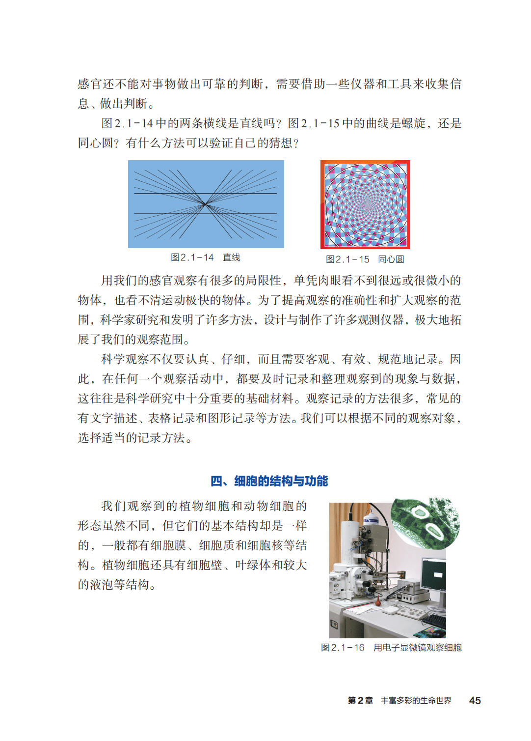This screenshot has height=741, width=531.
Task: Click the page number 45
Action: (475, 700)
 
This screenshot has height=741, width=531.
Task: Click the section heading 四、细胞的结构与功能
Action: (269, 481)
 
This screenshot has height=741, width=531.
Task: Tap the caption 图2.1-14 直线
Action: (205, 257)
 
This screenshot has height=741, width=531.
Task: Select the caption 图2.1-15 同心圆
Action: (365, 259)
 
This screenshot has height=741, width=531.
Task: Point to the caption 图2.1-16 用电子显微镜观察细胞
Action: (391, 647)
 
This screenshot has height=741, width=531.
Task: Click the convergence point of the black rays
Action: (205, 204)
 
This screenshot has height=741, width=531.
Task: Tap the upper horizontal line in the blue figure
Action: (205, 193)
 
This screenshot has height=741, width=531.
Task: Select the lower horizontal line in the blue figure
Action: (205, 213)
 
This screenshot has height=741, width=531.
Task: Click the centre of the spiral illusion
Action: (366, 205)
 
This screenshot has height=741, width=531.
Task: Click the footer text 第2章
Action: (360, 700)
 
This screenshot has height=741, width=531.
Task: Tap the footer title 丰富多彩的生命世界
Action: (416, 700)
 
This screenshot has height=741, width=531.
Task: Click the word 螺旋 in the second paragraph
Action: (413, 123)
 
